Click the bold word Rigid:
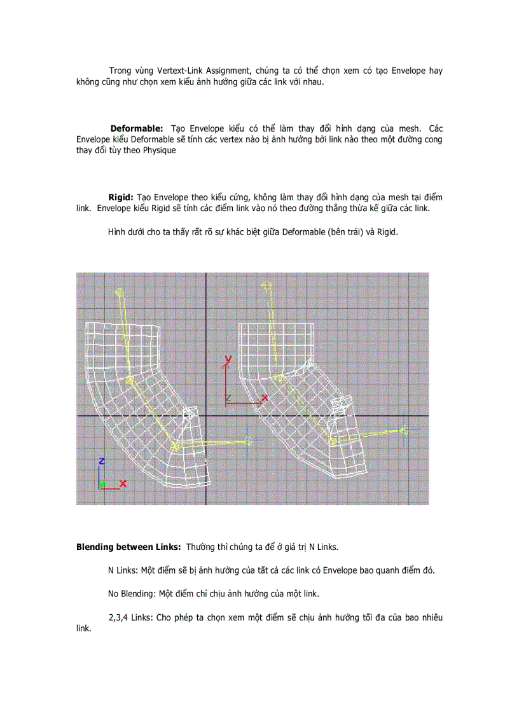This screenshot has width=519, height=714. [x=121, y=198]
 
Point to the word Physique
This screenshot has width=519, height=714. [x=156, y=151]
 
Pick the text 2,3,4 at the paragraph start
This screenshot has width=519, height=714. [x=118, y=617]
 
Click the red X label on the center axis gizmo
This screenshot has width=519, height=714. [x=265, y=398]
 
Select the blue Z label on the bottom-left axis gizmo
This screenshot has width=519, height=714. [x=101, y=460]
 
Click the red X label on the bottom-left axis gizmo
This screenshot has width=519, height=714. [x=123, y=484]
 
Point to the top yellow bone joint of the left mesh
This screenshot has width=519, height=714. [x=119, y=292]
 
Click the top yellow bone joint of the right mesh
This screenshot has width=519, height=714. [x=265, y=286]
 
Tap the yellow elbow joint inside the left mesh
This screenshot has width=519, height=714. [x=129, y=380]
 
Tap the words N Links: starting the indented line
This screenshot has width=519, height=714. [x=123, y=570]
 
